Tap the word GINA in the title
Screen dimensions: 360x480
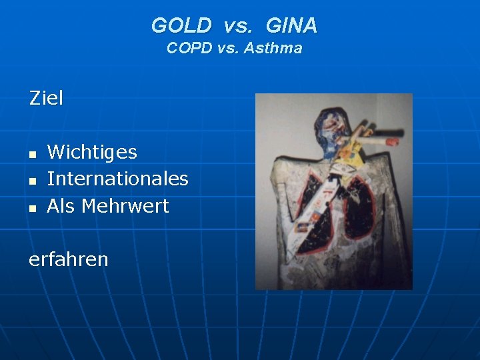tap(291, 26)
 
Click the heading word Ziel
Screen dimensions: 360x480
tap(46, 99)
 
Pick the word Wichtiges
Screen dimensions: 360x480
tap(92, 153)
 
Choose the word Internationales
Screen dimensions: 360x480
tap(117, 179)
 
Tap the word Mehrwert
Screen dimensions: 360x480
tap(125, 206)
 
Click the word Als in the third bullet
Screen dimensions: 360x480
tap(61, 206)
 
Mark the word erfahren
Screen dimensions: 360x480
tap(68, 259)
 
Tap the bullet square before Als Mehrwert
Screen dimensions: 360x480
tap(32, 208)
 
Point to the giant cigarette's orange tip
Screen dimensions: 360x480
tap(393, 141)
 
